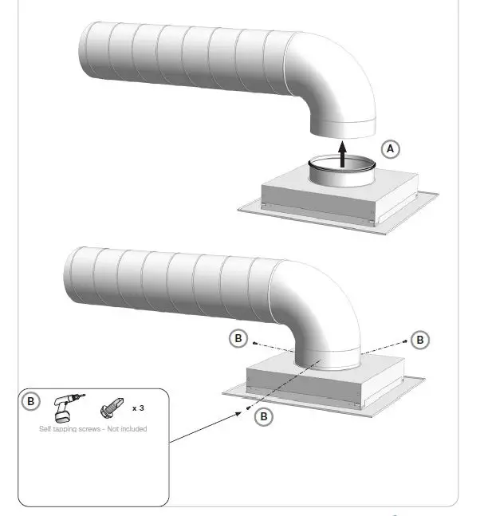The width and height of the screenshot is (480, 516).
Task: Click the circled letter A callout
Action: (389, 148)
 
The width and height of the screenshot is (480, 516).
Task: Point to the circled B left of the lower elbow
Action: (238, 338)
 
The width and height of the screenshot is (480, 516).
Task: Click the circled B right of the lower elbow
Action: (420, 339)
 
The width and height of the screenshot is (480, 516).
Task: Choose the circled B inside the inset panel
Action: (30, 401)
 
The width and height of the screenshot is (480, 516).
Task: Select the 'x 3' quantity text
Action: (138, 408)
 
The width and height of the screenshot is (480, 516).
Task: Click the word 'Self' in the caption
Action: (46, 429)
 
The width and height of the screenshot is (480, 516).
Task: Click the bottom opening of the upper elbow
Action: (341, 128)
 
